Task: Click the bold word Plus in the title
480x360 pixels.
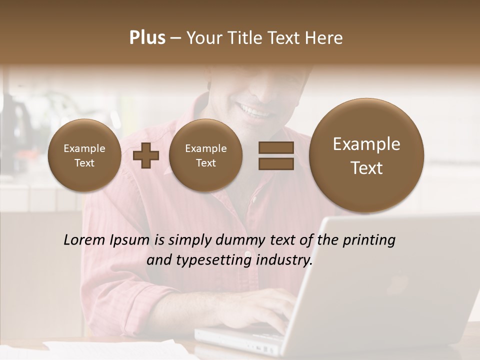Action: click(147, 38)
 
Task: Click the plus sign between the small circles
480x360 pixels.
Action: click(146, 155)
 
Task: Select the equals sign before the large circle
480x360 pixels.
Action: click(276, 155)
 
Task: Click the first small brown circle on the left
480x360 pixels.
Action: click(84, 155)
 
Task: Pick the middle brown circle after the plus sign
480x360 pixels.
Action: click(205, 155)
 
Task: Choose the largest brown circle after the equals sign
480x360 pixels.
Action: click(366, 155)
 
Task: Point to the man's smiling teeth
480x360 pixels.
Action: click(255, 110)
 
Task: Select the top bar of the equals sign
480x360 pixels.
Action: click(276, 147)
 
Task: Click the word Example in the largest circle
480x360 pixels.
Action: click(366, 144)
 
